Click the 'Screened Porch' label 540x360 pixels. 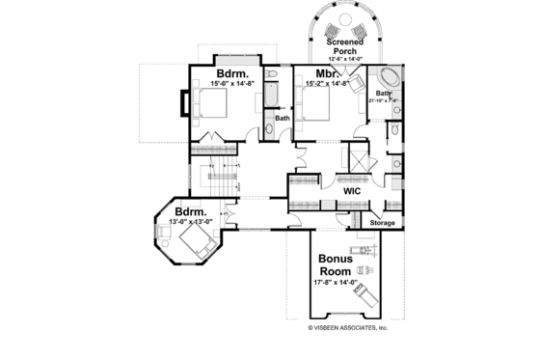tap(344, 48)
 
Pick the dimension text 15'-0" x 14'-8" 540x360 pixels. tap(231, 84)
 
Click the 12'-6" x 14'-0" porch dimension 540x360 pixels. tap(344, 60)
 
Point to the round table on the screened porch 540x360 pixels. tap(345, 25)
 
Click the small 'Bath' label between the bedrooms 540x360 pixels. tap(283, 119)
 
